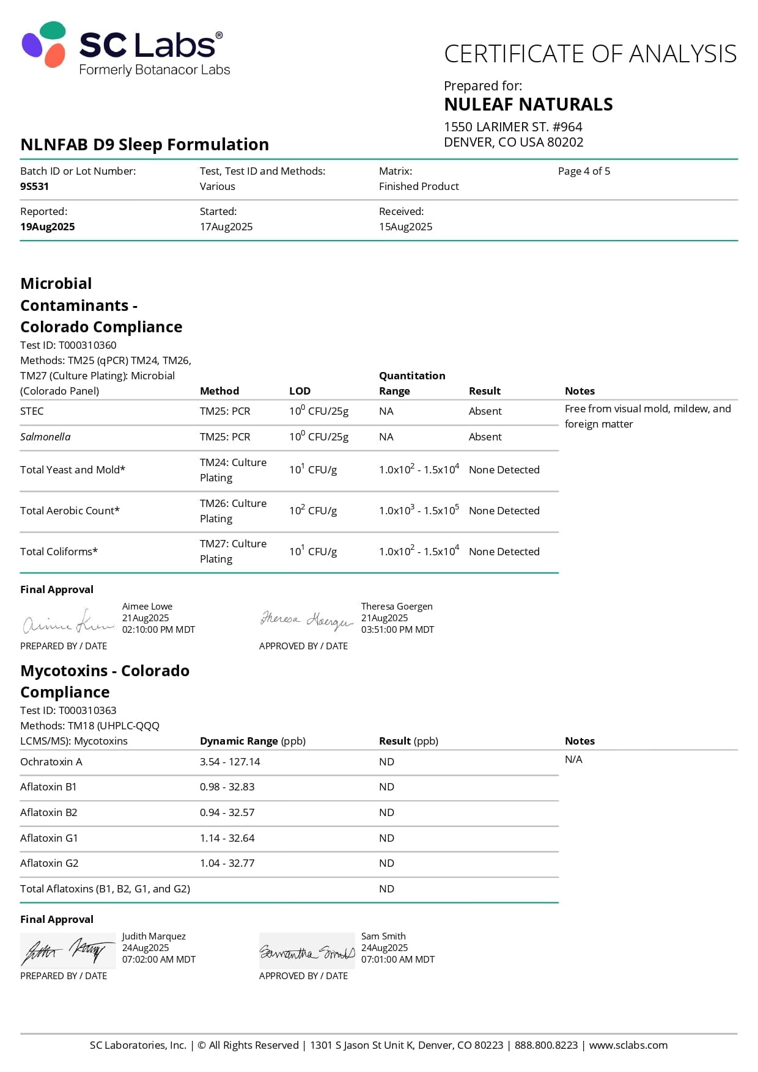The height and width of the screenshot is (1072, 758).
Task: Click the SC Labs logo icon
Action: (44, 44)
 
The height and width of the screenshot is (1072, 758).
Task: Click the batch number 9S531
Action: (34, 186)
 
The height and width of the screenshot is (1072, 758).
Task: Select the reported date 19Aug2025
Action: (48, 227)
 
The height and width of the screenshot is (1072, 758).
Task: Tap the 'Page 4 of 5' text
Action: (584, 171)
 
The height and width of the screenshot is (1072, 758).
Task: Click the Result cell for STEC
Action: (485, 411)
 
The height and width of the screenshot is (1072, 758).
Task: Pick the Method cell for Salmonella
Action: (225, 437)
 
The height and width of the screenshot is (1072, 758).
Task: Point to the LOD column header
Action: (300, 391)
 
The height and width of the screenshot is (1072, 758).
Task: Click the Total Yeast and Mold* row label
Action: (73, 470)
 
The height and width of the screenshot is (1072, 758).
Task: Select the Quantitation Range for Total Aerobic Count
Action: (419, 510)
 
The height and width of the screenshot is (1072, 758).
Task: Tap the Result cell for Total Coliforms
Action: (504, 552)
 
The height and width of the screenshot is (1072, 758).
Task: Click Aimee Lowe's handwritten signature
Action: (68, 621)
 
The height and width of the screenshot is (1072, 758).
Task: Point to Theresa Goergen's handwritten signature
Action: (307, 619)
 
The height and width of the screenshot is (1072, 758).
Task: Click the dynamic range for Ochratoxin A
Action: (230, 762)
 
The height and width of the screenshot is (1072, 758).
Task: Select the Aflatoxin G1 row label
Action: (49, 838)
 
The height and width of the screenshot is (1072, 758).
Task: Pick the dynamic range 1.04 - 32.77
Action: (227, 863)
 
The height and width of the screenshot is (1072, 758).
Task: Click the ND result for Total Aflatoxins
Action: (386, 889)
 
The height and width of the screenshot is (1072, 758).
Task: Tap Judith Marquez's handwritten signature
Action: (67, 950)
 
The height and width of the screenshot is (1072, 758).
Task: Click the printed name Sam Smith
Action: (383, 936)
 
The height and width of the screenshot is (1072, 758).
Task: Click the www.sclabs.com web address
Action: (628, 1045)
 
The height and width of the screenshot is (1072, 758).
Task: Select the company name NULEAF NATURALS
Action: (528, 104)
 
